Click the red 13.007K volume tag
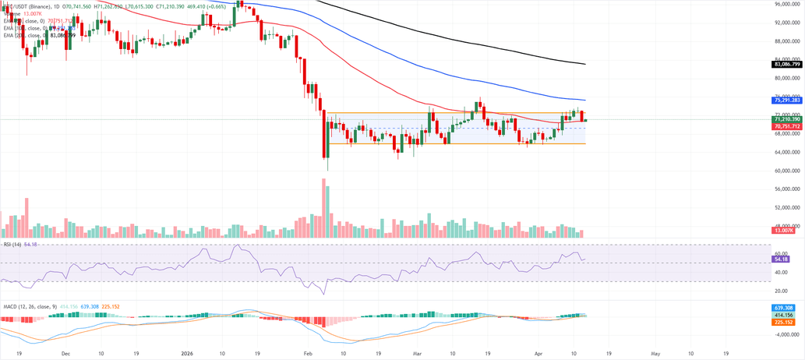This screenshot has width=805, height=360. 782,231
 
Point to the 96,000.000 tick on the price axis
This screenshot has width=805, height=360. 788,4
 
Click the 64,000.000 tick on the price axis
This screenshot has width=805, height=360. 788,152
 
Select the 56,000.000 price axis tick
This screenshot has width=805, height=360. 788,189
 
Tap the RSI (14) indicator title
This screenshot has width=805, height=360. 12,245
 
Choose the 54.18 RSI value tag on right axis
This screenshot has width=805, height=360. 782,259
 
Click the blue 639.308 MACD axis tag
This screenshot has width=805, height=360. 782,308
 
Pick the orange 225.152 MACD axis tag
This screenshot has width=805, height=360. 782,322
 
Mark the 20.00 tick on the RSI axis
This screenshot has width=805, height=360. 780,291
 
